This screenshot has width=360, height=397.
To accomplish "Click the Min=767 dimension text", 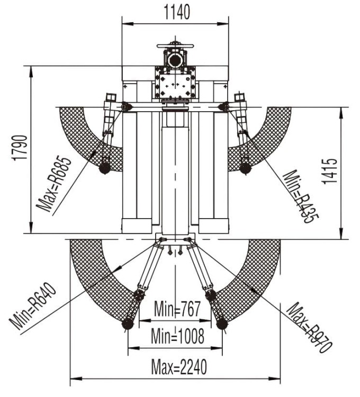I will pos(177,309).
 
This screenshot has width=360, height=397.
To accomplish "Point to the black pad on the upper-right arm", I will pos(245,168).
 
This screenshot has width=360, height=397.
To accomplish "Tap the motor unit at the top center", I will pos(175,55).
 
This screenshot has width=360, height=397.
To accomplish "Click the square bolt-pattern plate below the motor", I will pos(175,83).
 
